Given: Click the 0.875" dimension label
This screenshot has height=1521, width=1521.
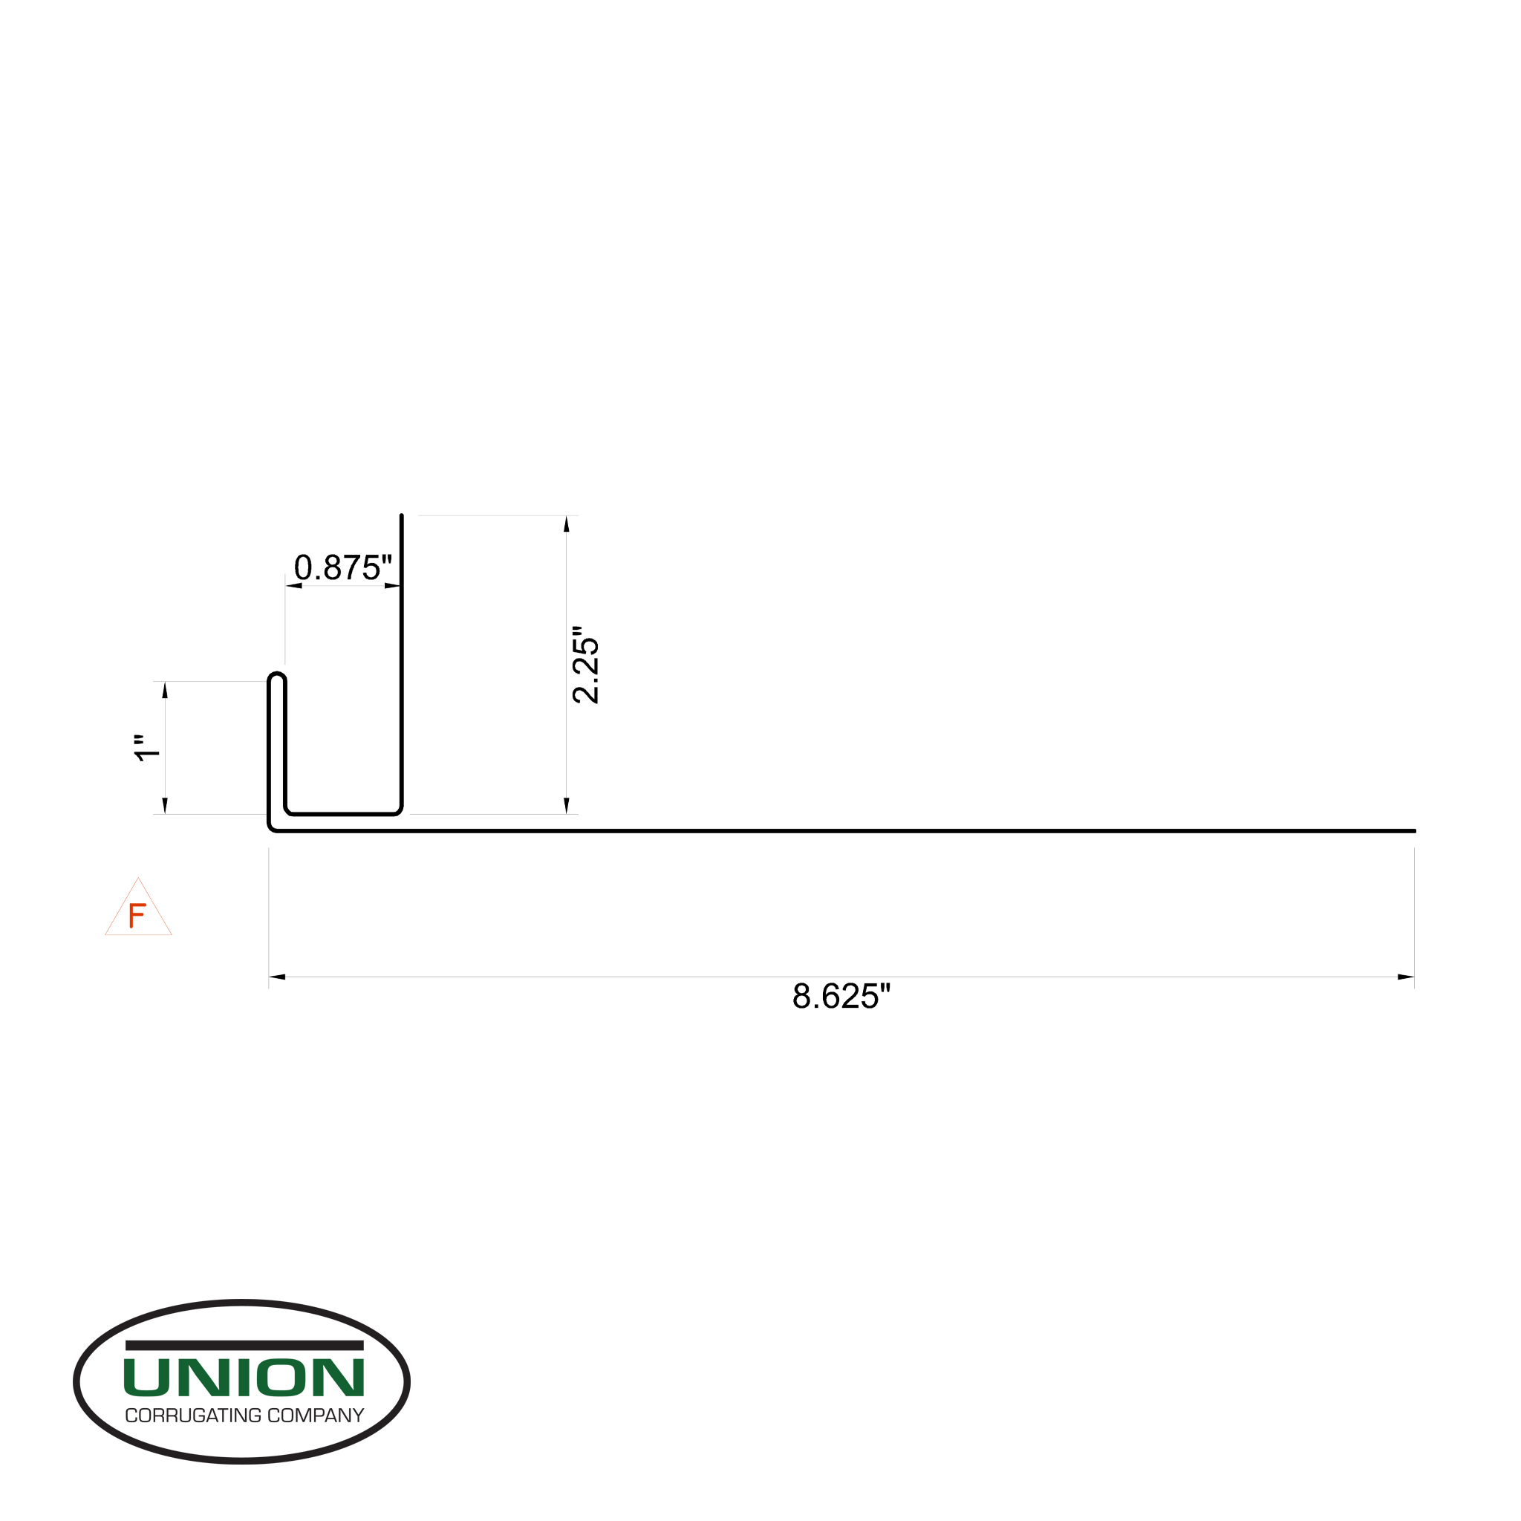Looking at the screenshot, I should coord(342,567).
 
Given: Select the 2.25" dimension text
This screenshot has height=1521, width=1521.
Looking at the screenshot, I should coord(586,665).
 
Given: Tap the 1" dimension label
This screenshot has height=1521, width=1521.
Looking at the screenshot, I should coord(147,748).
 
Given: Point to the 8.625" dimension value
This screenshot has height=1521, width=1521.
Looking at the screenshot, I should coord(841,997).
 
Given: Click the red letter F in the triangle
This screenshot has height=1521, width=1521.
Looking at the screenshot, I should coord(137,916).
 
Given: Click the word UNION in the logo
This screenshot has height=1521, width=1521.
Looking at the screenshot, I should coord(244,1378).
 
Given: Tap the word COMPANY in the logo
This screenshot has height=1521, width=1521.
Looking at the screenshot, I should coord(316,1416).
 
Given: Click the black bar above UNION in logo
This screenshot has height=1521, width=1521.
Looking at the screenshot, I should coord(244,1346).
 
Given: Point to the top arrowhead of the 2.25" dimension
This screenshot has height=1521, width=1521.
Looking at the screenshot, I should coord(566,524).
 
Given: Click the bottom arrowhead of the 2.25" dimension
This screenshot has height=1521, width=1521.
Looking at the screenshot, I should coord(566,805).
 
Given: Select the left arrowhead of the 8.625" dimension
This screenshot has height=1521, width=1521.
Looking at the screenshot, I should coord(277,977).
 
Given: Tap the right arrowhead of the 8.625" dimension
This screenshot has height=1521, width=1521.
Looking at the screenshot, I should coord(1405,977).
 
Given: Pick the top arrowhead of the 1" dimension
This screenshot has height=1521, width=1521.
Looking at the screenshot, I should coord(165,690).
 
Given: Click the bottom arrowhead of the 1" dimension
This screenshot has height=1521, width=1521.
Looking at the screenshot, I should coord(165,805).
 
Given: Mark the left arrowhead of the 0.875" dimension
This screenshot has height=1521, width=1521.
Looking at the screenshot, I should coord(293,586).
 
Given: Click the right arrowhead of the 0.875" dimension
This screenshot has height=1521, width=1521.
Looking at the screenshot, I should coord(392,586).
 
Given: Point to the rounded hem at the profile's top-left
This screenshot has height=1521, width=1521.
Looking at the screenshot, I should coord(276,677).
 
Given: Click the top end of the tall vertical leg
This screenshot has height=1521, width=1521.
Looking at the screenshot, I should coord(402,517).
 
